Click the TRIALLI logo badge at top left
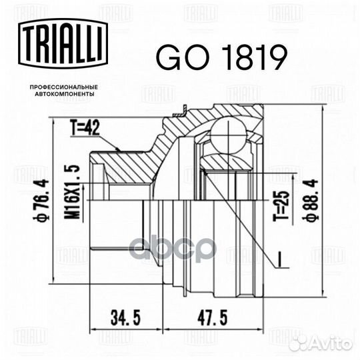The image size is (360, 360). [63, 43]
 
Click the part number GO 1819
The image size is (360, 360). [221, 57]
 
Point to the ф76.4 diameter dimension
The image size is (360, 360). [43, 201]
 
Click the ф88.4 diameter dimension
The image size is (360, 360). [311, 200]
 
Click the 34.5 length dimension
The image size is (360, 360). [125, 318]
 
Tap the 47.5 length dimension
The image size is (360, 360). [213, 318]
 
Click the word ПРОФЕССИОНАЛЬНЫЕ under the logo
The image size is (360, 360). [64, 87]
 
